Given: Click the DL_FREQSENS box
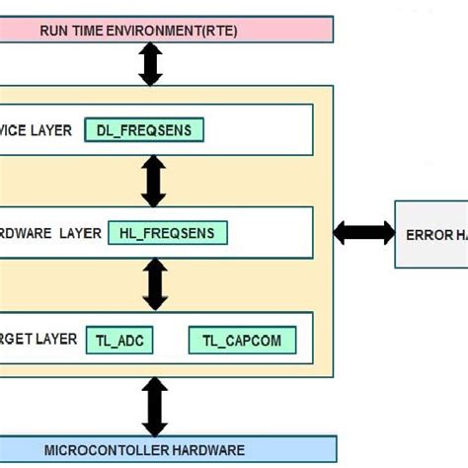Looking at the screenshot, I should pos(144,129).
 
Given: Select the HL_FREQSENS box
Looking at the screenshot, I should pos(167,233).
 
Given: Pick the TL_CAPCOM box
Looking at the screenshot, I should pos(241,341).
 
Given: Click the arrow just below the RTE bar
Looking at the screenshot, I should pos(150,64).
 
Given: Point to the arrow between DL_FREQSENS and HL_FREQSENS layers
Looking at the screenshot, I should pos(154,181).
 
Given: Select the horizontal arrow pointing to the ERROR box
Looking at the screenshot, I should pos(363,233).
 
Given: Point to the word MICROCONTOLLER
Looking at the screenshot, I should pos(94,450).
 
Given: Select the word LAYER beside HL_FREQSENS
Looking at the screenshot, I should pos(80,233).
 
